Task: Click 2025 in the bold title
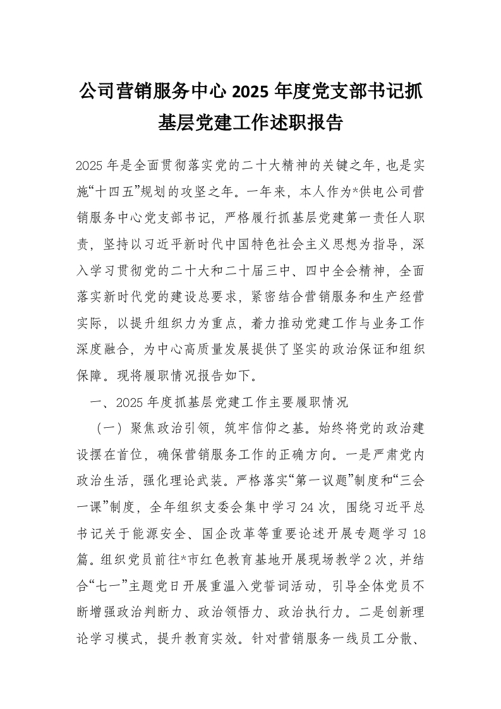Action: click(x=251, y=92)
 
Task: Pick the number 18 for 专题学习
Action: click(x=418, y=533)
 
